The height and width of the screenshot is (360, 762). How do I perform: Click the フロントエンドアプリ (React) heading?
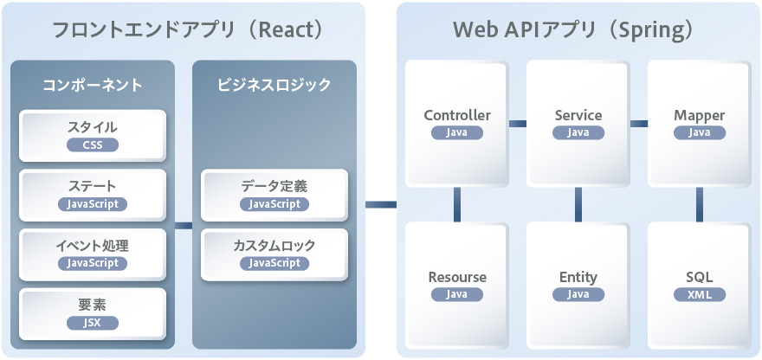pyautogui.click(x=187, y=29)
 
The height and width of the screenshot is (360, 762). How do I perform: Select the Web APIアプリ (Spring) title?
pyautogui.click(x=573, y=29)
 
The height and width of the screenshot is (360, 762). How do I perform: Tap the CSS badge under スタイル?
pyautogui.click(x=93, y=145)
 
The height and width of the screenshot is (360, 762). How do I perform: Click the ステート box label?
pyautogui.click(x=93, y=186)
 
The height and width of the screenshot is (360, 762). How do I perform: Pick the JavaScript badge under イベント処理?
pyautogui.click(x=93, y=263)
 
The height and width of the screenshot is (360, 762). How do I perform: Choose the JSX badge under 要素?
pyautogui.click(x=93, y=322)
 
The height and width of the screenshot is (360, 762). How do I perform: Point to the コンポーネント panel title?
pyautogui.click(x=93, y=85)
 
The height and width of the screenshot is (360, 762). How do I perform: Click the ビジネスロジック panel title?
pyautogui.click(x=274, y=85)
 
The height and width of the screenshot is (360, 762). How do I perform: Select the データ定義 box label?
pyautogui.click(x=274, y=186)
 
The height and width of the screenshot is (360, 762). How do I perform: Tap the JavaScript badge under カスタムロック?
pyautogui.click(x=274, y=263)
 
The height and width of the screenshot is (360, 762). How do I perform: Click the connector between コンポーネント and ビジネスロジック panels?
pyautogui.click(x=184, y=226)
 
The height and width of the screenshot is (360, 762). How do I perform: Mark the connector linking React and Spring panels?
pyautogui.click(x=380, y=205)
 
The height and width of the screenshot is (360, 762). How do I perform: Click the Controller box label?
pyautogui.click(x=457, y=115)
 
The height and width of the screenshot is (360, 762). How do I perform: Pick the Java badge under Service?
pyautogui.click(x=578, y=132)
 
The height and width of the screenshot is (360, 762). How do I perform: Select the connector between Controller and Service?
pyautogui.click(x=518, y=124)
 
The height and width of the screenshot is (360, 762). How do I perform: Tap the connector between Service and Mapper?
pyautogui.click(x=639, y=124)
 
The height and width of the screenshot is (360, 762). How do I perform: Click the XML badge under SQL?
pyautogui.click(x=700, y=294)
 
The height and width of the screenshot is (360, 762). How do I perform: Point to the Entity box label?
pyautogui.click(x=578, y=277)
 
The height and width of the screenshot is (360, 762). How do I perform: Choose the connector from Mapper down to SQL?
pyautogui.click(x=700, y=204)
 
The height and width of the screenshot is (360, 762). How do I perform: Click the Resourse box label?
pyautogui.click(x=457, y=277)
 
